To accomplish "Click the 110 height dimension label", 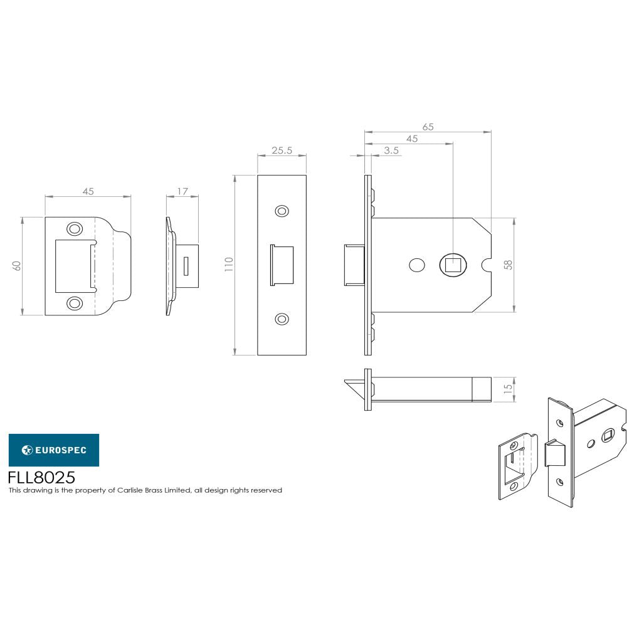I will pos(229,264).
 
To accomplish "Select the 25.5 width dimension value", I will pos(281,151).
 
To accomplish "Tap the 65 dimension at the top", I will pos(428,126).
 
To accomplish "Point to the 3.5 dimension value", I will pos(391,150).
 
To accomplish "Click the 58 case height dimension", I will pos(508,265).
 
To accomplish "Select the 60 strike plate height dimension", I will pos(18,265).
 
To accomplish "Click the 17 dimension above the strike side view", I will pos(182,192).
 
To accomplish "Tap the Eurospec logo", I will pos(53,450).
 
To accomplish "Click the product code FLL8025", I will pos(41,478).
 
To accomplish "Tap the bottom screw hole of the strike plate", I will pos(75,303).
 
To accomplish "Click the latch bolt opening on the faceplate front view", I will pos(282,265).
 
